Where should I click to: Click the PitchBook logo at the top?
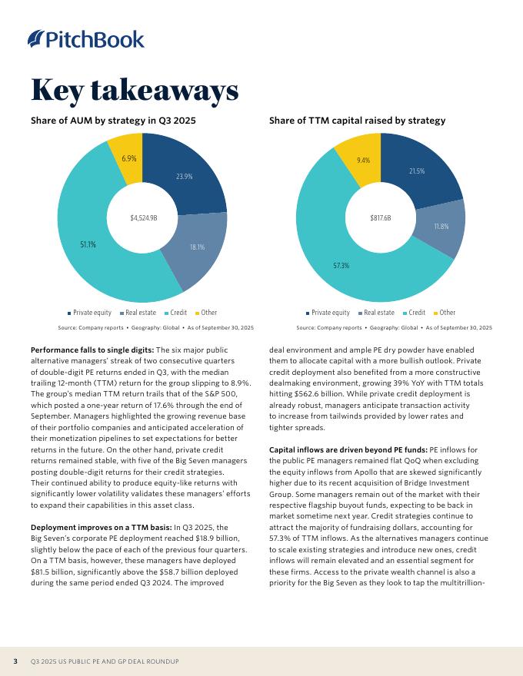coord(85,38)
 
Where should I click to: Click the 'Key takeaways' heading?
coord(135,90)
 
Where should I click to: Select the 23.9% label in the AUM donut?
coord(184,177)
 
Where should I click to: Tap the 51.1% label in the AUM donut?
coord(88,244)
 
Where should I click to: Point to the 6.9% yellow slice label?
coord(129,158)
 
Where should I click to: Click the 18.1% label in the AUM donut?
coord(197,247)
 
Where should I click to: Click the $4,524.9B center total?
coord(143,218)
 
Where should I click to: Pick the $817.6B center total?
coord(381,218)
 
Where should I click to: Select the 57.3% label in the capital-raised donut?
coord(341,266)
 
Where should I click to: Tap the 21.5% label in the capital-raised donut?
coord(417,171)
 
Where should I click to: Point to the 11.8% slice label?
coord(441,227)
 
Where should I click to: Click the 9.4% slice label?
coord(364,161)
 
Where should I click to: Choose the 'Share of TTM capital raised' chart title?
coord(358,121)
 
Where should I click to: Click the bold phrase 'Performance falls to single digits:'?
coord(92,350)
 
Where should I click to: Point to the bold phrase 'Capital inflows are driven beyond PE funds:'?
coord(348,449)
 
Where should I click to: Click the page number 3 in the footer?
coord(15,661)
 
